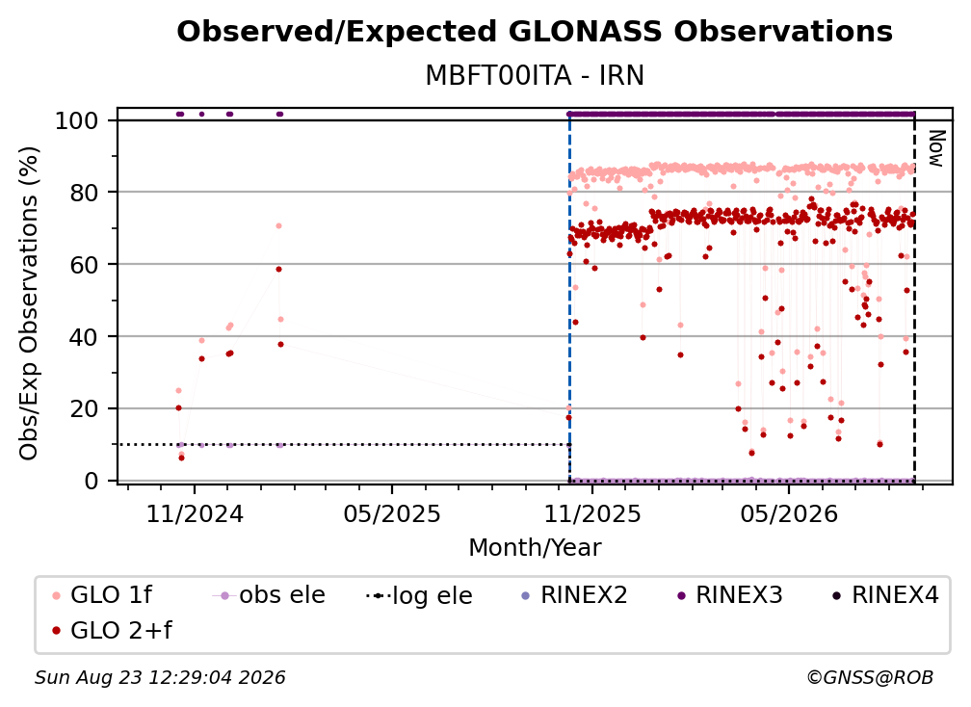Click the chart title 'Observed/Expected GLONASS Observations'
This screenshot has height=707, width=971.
coord(535,32)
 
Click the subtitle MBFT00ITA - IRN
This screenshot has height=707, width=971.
coord(535,75)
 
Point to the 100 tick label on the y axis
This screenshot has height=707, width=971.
coord(77,120)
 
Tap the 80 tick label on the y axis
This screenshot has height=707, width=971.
coord(84,193)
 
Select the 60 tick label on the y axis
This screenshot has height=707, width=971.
coord(84,265)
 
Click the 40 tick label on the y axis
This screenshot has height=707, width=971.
coord(84,337)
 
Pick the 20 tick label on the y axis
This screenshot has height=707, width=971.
coord(84,409)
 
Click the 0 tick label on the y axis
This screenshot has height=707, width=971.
coord(92,481)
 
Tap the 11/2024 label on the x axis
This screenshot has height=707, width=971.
coord(195,513)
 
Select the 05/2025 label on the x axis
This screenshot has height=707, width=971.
coord(392,513)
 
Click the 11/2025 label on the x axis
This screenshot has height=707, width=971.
coord(592,513)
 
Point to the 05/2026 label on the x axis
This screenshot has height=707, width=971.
coord(788,513)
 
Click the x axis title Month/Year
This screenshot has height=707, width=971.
coord(535,548)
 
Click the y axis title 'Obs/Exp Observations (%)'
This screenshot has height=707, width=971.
coord(29,303)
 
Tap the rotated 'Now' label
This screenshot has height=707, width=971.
coord(935,148)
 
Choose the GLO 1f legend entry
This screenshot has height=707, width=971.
coord(103,595)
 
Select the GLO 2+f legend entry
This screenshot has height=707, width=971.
coord(113,631)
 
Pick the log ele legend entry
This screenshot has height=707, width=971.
coord(420,595)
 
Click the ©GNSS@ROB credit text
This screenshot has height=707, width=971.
coord(870,678)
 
